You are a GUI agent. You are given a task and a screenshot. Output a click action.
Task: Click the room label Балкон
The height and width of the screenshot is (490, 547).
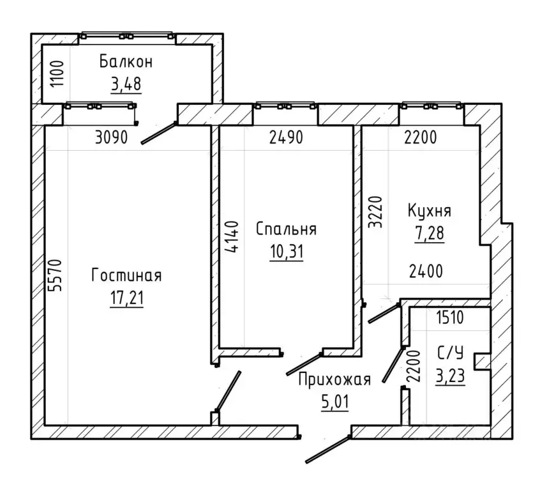coord(126,62)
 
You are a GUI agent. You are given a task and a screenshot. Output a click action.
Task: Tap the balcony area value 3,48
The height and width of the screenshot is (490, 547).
coord(126,84)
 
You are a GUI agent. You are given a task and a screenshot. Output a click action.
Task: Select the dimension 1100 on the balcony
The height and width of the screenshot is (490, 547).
coord(57,74)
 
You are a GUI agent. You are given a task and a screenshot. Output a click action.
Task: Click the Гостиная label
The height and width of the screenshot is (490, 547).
coord(126,275)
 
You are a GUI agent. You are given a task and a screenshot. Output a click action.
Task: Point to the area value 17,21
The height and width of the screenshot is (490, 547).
coord(126,298)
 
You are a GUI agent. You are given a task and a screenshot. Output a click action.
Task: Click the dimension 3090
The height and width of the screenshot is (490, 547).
coord(112,137)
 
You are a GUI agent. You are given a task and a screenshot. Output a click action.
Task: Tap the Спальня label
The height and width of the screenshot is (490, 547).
coord(286,229)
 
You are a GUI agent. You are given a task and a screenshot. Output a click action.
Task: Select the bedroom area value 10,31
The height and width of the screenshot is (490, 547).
coord(287,252)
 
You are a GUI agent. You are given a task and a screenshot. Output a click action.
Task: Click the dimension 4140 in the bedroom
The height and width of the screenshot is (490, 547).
coord(231,236)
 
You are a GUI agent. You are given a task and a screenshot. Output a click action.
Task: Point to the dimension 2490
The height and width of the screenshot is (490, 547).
coord(286,137)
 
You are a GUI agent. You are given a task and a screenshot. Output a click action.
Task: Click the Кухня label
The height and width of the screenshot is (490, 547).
coord(430,211)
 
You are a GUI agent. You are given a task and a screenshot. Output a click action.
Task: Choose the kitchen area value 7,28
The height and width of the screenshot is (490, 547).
coord(429,233)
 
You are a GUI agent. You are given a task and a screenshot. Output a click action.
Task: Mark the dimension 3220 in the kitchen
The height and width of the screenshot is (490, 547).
coord(376,212)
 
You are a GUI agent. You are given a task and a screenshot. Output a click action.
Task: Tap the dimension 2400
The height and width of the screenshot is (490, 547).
coord(426,272)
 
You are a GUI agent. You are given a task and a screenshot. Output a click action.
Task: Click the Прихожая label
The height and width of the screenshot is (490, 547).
coord(334,380)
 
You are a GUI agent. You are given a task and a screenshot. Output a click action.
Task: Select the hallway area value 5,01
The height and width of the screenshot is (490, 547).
coord(334,402)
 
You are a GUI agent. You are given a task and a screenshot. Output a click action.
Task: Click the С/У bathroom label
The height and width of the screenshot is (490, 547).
coord(451,353)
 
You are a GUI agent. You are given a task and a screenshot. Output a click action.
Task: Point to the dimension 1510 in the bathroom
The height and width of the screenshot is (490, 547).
coord(450,318)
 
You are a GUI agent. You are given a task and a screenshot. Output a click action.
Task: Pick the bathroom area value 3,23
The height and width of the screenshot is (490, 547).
coord(450,376)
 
